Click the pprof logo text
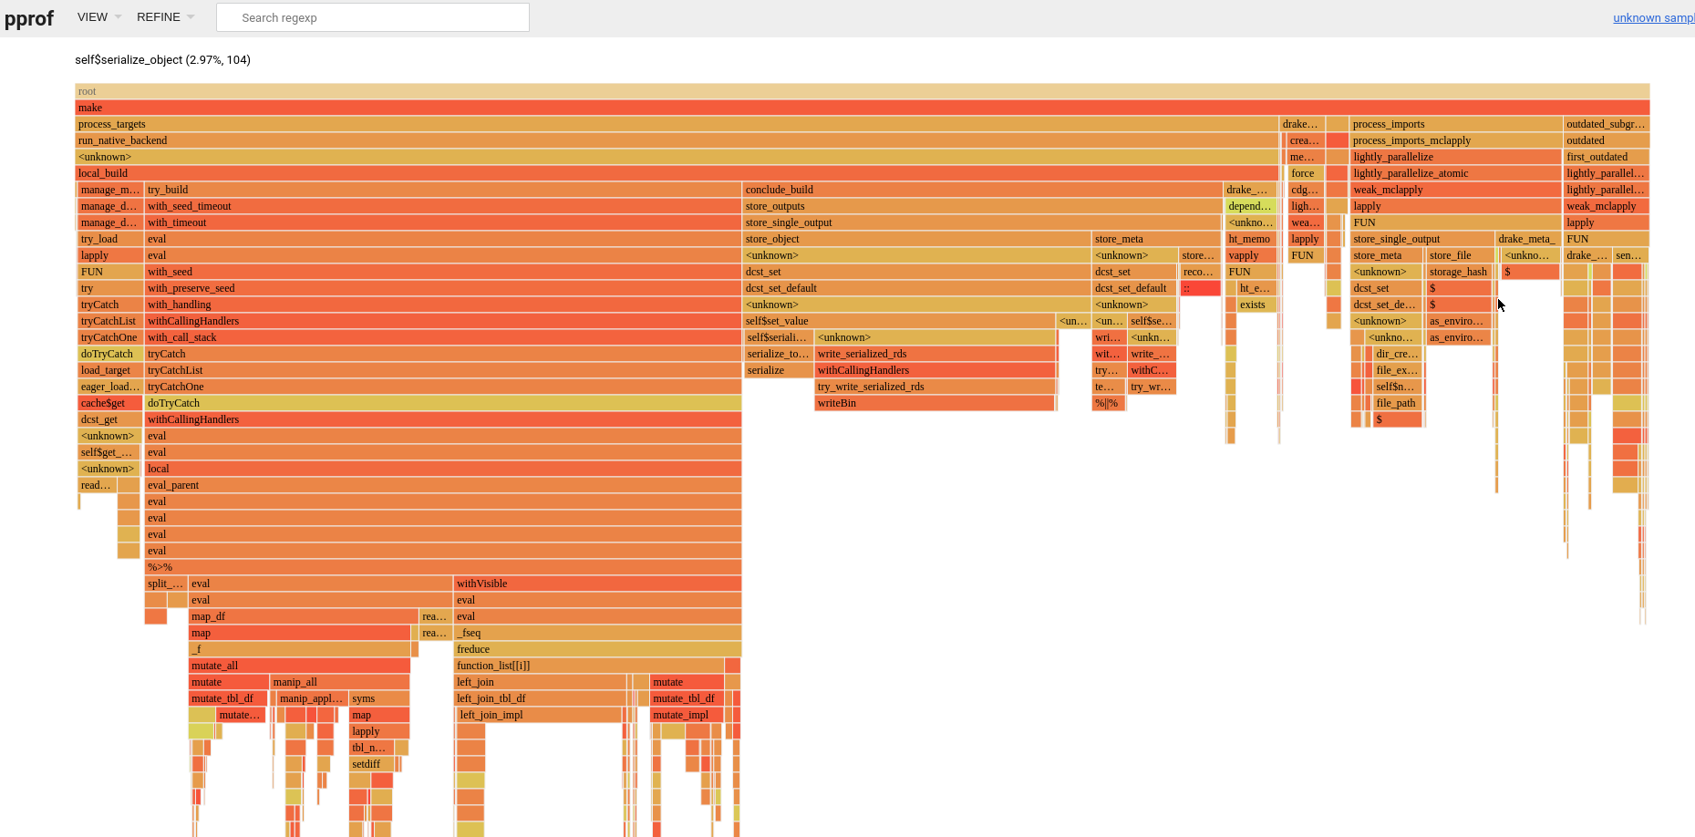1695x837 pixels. pyautogui.click(x=29, y=18)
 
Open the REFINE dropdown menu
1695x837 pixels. pyautogui.click(x=165, y=17)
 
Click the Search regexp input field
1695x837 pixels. pyautogui.click(x=372, y=17)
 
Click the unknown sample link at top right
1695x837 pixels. pyautogui.click(x=1652, y=17)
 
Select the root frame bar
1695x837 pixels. pyautogui.click(x=862, y=91)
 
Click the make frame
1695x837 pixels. pyautogui.click(x=862, y=108)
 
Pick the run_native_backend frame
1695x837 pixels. pyautogui.click(x=675, y=140)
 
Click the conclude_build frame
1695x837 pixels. pyautogui.click(x=981, y=190)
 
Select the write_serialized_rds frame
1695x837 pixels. pyautogui.click(x=934, y=354)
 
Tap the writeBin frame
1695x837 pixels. pyautogui.click(x=934, y=403)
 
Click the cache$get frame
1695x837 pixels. pyautogui.click(x=109, y=403)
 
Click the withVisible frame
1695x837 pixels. pyautogui.click(x=596, y=584)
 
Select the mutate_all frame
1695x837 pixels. pyautogui.click(x=299, y=666)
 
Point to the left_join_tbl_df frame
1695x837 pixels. pyautogui.click(x=540, y=698)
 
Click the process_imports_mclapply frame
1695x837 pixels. pyautogui.click(x=1455, y=140)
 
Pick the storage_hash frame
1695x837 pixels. pyautogui.click(x=1459, y=272)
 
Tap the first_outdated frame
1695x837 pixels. pyautogui.click(x=1606, y=157)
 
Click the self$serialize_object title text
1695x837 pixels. pyautogui.click(x=162, y=60)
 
